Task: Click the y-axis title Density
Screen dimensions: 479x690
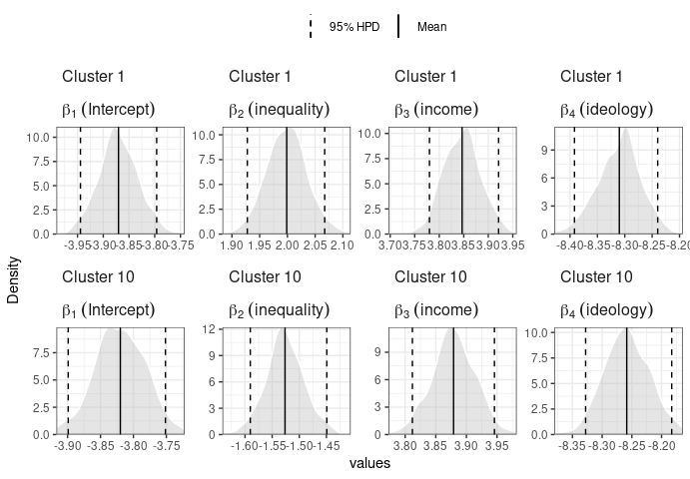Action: (14, 279)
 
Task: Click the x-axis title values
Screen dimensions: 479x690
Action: (369, 464)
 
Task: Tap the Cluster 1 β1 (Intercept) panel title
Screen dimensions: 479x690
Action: (108, 110)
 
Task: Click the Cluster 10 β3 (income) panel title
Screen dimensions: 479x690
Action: (436, 310)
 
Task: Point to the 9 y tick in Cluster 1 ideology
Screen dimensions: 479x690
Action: (545, 150)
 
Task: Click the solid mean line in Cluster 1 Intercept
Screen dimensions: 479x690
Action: (118, 180)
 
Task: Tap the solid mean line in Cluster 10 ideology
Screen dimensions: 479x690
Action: (626, 379)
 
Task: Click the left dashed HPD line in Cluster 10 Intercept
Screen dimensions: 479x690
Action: (68, 379)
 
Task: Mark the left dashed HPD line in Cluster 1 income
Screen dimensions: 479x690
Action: (429, 180)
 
